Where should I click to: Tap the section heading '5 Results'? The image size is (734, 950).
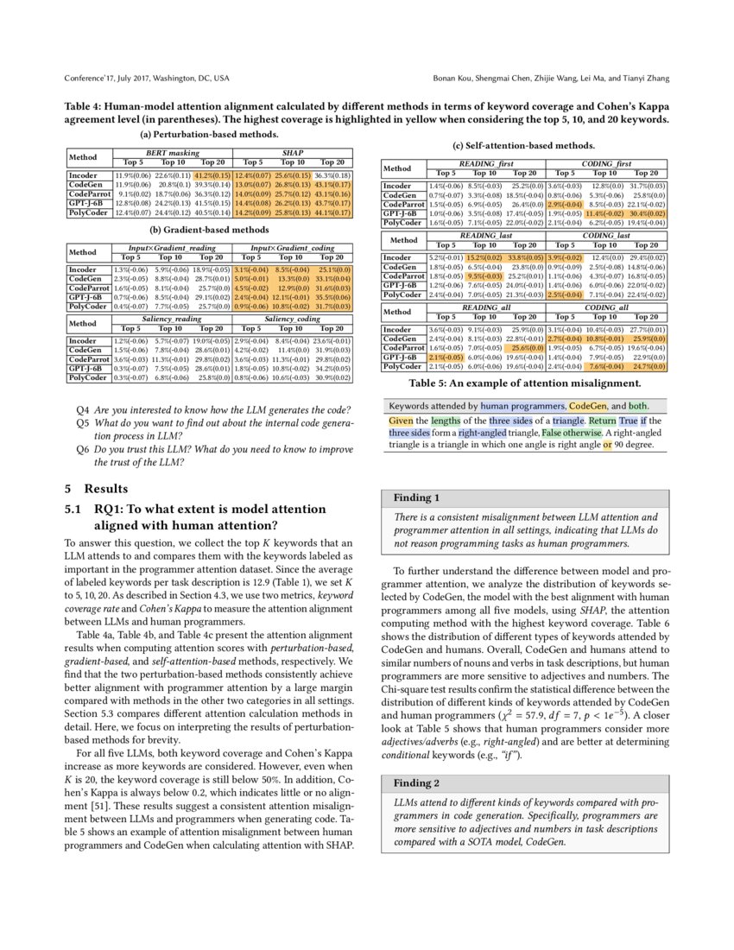point(96,488)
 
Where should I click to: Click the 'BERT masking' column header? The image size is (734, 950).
point(173,152)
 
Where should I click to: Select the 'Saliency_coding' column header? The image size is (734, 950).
point(292,320)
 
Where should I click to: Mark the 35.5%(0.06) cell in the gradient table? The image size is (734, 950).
point(332,296)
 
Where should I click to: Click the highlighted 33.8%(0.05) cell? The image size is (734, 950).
point(523,257)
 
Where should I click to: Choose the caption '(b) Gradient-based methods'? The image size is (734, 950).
point(210,231)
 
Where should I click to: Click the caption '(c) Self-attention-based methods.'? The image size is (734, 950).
point(524,145)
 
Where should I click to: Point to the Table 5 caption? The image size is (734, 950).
point(524,383)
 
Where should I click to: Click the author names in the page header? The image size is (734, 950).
point(552,79)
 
